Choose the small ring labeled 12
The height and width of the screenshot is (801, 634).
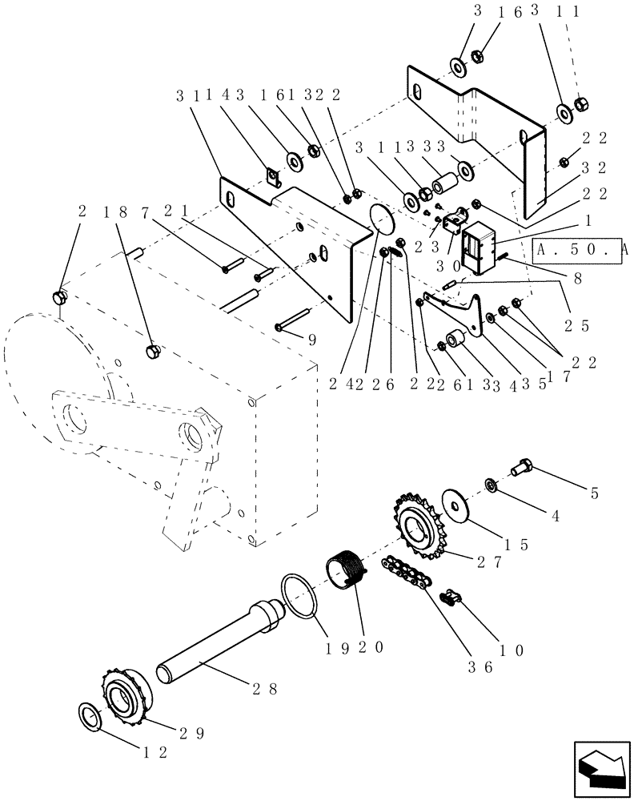[x=90, y=716]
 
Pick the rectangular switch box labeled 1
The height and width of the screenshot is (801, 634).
[x=479, y=246]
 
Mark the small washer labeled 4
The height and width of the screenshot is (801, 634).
[x=489, y=485]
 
